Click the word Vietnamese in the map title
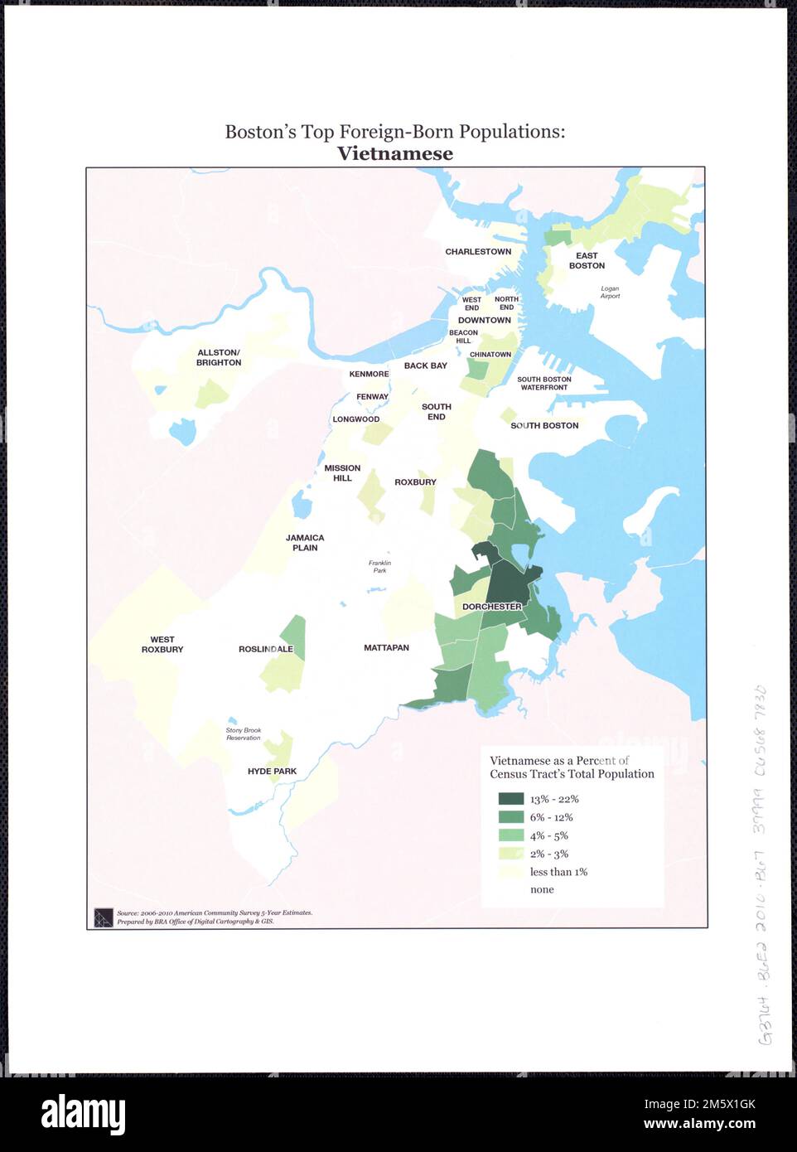394,153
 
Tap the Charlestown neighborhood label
478,252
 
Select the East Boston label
587,261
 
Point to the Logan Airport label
610,292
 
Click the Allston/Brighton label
219,358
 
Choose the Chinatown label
490,355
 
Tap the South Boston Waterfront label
544,384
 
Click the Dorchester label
492,607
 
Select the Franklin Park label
379,567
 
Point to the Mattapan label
386,648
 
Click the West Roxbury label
162,645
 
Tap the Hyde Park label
272,772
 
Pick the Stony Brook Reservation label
243,734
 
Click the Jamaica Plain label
305,543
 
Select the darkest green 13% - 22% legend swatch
510,799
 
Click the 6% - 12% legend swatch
510,817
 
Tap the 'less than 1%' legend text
558,872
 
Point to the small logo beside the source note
103,917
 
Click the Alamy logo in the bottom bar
83,1113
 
